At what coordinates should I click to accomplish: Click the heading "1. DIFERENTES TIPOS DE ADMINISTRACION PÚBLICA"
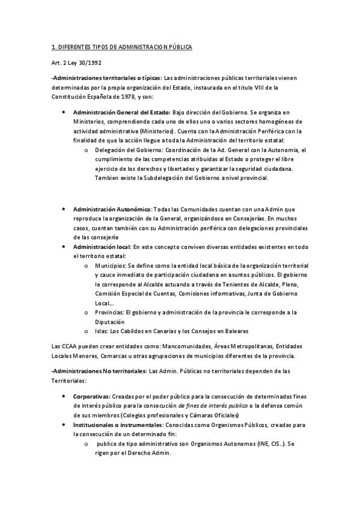click(121, 47)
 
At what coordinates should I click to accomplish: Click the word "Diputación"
click(110, 322)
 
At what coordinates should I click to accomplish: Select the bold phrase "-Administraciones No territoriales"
click(99, 371)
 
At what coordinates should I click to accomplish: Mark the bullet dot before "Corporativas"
click(64, 397)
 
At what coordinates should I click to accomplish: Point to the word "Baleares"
click(236, 331)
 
